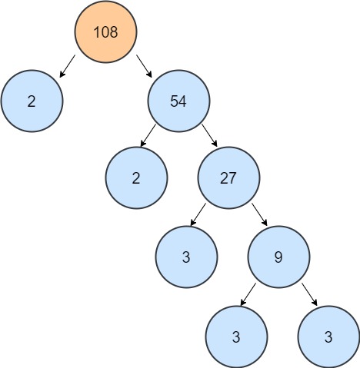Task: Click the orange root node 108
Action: (105, 31)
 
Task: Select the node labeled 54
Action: (179, 102)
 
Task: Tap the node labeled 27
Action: (228, 178)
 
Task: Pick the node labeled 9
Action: (278, 255)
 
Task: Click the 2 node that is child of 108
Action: (32, 102)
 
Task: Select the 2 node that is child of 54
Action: (136, 178)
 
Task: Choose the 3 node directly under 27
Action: (186, 255)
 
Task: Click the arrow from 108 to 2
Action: (68, 66)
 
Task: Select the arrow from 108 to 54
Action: (144, 66)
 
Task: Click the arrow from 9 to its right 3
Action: (309, 293)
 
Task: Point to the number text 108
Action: (105, 31)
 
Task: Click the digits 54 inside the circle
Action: (179, 102)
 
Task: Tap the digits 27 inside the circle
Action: (228, 178)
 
